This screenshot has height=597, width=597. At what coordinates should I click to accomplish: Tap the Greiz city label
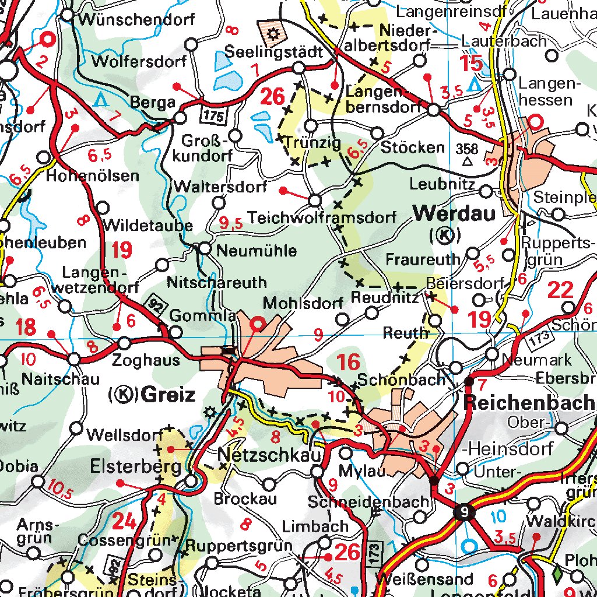point(168,395)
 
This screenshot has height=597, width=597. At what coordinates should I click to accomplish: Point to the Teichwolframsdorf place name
point(322,218)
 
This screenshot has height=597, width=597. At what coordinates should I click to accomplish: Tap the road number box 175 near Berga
point(214,116)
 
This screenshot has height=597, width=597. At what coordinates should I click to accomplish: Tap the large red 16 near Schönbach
point(348,362)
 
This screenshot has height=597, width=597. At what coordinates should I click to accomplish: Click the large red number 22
point(561,290)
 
